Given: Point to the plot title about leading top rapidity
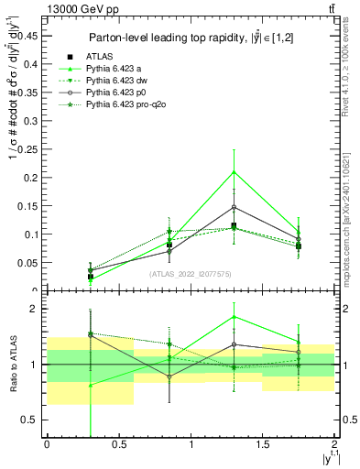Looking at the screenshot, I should (191, 38).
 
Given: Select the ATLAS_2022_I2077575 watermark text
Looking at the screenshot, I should (190, 273).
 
